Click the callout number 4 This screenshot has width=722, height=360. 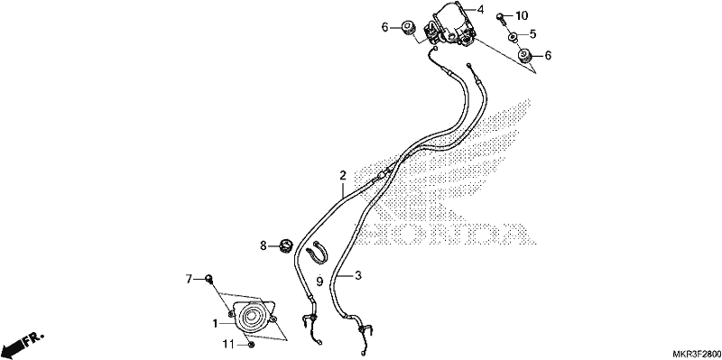(x=480, y=9)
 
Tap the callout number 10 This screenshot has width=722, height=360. (x=522, y=16)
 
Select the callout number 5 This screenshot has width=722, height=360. (x=532, y=33)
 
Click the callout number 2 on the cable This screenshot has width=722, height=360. (x=343, y=175)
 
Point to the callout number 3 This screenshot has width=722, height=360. (x=358, y=276)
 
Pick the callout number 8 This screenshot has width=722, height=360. (x=264, y=245)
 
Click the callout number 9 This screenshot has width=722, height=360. (x=319, y=280)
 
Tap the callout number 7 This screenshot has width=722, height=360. (x=189, y=279)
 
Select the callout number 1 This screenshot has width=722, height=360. (x=215, y=324)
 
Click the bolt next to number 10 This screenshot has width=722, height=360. (x=501, y=18)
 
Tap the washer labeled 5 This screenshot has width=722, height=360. (x=512, y=36)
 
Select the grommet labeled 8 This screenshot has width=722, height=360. (x=286, y=245)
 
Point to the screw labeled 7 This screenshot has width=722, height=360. (x=208, y=278)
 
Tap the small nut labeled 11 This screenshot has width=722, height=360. (x=251, y=345)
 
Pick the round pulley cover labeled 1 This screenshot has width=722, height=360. (x=254, y=318)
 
